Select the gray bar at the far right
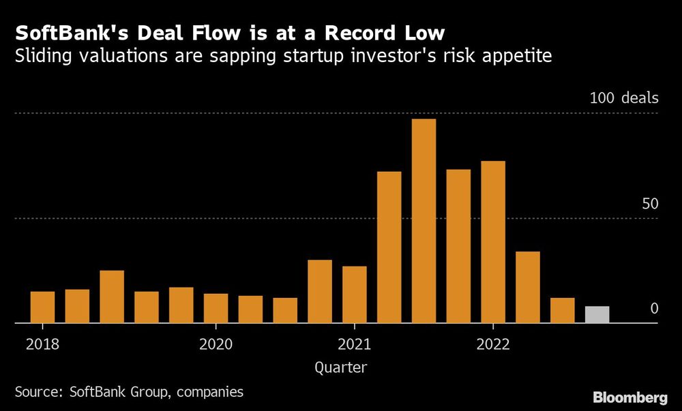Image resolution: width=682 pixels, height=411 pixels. click(597, 314)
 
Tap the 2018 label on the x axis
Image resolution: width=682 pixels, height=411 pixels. click(42, 344)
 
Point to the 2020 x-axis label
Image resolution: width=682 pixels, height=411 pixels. click(216, 344)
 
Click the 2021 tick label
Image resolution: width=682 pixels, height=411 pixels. click(354, 344)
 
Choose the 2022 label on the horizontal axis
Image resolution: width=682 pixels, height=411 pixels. click(492, 344)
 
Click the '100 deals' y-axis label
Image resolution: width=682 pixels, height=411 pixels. click(624, 98)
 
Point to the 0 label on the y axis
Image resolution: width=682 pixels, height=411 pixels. click(654, 308)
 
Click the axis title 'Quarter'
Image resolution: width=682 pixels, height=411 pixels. click(341, 368)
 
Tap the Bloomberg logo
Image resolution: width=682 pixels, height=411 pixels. click(629, 397)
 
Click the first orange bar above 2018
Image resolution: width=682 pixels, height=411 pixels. click(42, 307)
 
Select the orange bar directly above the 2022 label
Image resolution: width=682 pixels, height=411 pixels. click(492, 242)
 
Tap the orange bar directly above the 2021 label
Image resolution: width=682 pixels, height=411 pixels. click(354, 294)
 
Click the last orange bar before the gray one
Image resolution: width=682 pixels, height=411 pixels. click(563, 310)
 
